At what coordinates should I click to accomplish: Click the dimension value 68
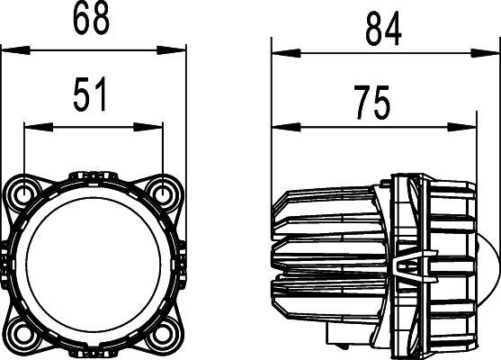94,18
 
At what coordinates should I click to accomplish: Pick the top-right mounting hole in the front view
164,192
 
